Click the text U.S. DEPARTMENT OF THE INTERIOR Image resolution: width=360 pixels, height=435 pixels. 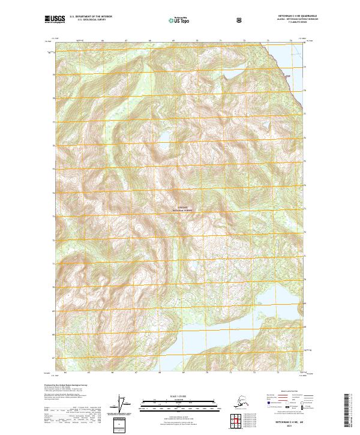click(91, 17)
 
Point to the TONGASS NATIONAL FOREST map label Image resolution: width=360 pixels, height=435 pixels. click(185, 209)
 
